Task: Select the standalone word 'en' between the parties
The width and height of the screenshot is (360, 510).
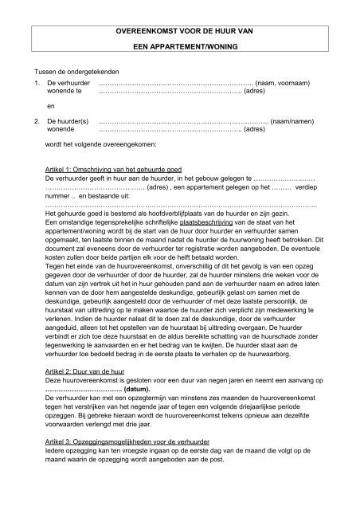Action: (x=52, y=105)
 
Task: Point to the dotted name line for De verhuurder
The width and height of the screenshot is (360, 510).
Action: (x=175, y=83)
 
